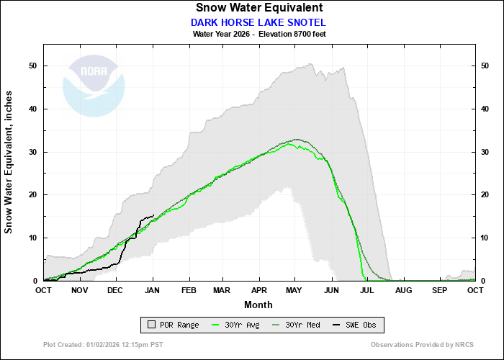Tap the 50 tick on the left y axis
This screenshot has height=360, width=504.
point(33,66)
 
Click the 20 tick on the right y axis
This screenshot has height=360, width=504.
point(486,195)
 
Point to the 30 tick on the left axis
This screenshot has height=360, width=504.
point(33,152)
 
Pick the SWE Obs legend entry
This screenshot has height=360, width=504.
point(353,325)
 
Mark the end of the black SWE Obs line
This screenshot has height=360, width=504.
point(153,215)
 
